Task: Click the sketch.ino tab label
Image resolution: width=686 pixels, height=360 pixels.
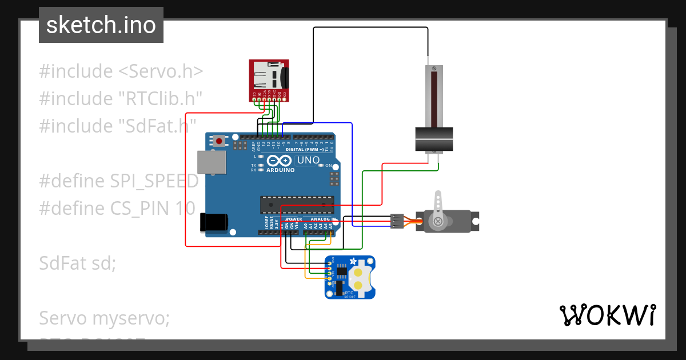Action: coord(101,25)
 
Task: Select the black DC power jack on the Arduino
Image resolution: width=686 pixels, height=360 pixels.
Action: coord(213,222)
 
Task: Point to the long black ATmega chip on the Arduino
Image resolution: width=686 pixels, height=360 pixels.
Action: coord(296,204)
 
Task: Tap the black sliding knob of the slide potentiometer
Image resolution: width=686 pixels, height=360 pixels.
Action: coord(433,140)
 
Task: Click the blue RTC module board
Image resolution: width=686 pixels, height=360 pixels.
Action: coord(350,277)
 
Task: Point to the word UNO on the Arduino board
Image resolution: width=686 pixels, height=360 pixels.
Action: coord(309,160)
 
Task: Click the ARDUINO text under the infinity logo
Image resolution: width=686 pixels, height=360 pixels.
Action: coord(281,170)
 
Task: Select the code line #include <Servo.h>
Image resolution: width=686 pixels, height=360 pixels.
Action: coord(121,71)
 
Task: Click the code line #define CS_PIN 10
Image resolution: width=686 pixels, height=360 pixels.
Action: coord(117,208)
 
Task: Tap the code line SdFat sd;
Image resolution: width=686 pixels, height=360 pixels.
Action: coord(77,263)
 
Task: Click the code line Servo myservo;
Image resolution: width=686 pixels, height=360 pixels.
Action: coord(104,318)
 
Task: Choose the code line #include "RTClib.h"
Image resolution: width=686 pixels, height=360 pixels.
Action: coord(121,98)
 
